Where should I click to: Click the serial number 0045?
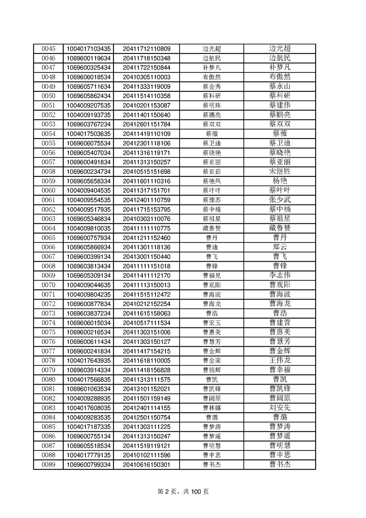click(48, 48)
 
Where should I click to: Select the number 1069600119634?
click(89, 58)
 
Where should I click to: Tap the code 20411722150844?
click(146, 67)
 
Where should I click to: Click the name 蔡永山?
click(280, 86)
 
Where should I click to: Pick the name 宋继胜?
click(280, 171)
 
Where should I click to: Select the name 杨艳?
click(280, 181)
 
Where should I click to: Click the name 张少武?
click(280, 199)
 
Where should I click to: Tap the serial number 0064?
click(48, 228)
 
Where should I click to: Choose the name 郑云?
click(280, 247)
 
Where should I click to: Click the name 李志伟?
click(280, 275)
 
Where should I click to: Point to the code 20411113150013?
click(146, 285)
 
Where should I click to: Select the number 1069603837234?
click(89, 313)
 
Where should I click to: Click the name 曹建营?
click(280, 322)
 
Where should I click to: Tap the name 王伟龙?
click(280, 360)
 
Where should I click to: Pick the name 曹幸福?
click(280, 370)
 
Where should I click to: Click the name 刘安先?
click(280, 408)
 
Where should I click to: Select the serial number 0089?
click(48, 464)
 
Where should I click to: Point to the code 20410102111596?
click(146, 455)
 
